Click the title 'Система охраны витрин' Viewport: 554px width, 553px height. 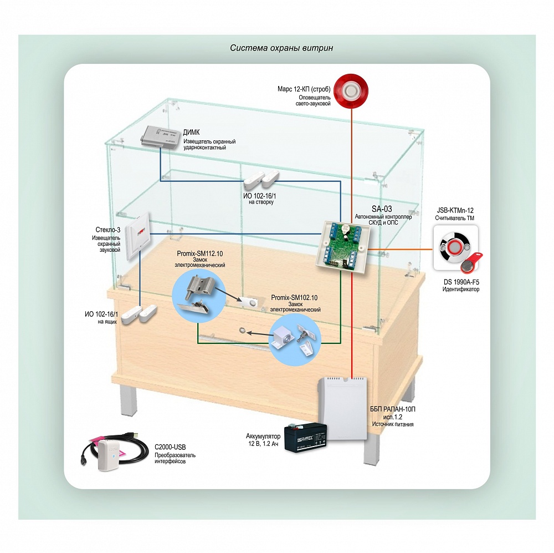coord(281,48)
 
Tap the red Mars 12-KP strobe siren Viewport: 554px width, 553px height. coord(352,89)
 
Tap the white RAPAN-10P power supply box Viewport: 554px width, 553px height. coord(343,408)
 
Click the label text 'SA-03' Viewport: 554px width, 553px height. coord(381,209)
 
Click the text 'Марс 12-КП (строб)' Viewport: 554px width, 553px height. coord(304,89)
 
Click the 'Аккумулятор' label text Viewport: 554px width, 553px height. coord(263,437)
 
